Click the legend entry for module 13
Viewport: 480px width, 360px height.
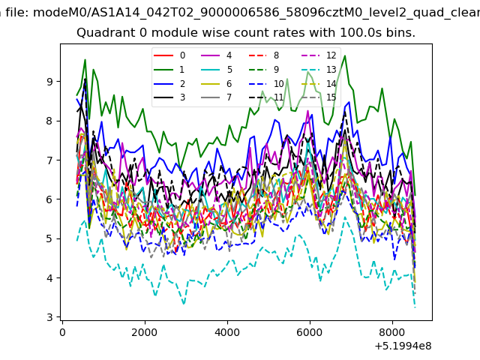[x=319, y=70]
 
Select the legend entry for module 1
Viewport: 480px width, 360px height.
[x=169, y=70]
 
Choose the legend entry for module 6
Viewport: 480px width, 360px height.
[x=217, y=83]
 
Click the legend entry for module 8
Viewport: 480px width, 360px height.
[x=263, y=55]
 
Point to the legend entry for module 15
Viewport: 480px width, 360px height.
[x=319, y=97]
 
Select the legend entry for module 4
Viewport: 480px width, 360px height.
[x=217, y=55]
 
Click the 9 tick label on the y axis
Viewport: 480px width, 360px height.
[x=49, y=82]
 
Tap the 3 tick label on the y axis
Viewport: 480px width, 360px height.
[x=49, y=317]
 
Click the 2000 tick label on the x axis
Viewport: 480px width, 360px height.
[x=145, y=332]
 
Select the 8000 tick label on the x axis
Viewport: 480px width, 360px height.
[x=392, y=332]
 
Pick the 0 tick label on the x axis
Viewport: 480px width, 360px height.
[x=62, y=332]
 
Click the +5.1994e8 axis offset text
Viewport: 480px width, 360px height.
[x=403, y=346]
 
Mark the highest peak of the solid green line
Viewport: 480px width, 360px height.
[x=345, y=55]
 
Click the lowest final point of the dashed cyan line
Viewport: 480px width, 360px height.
[x=415, y=307]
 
